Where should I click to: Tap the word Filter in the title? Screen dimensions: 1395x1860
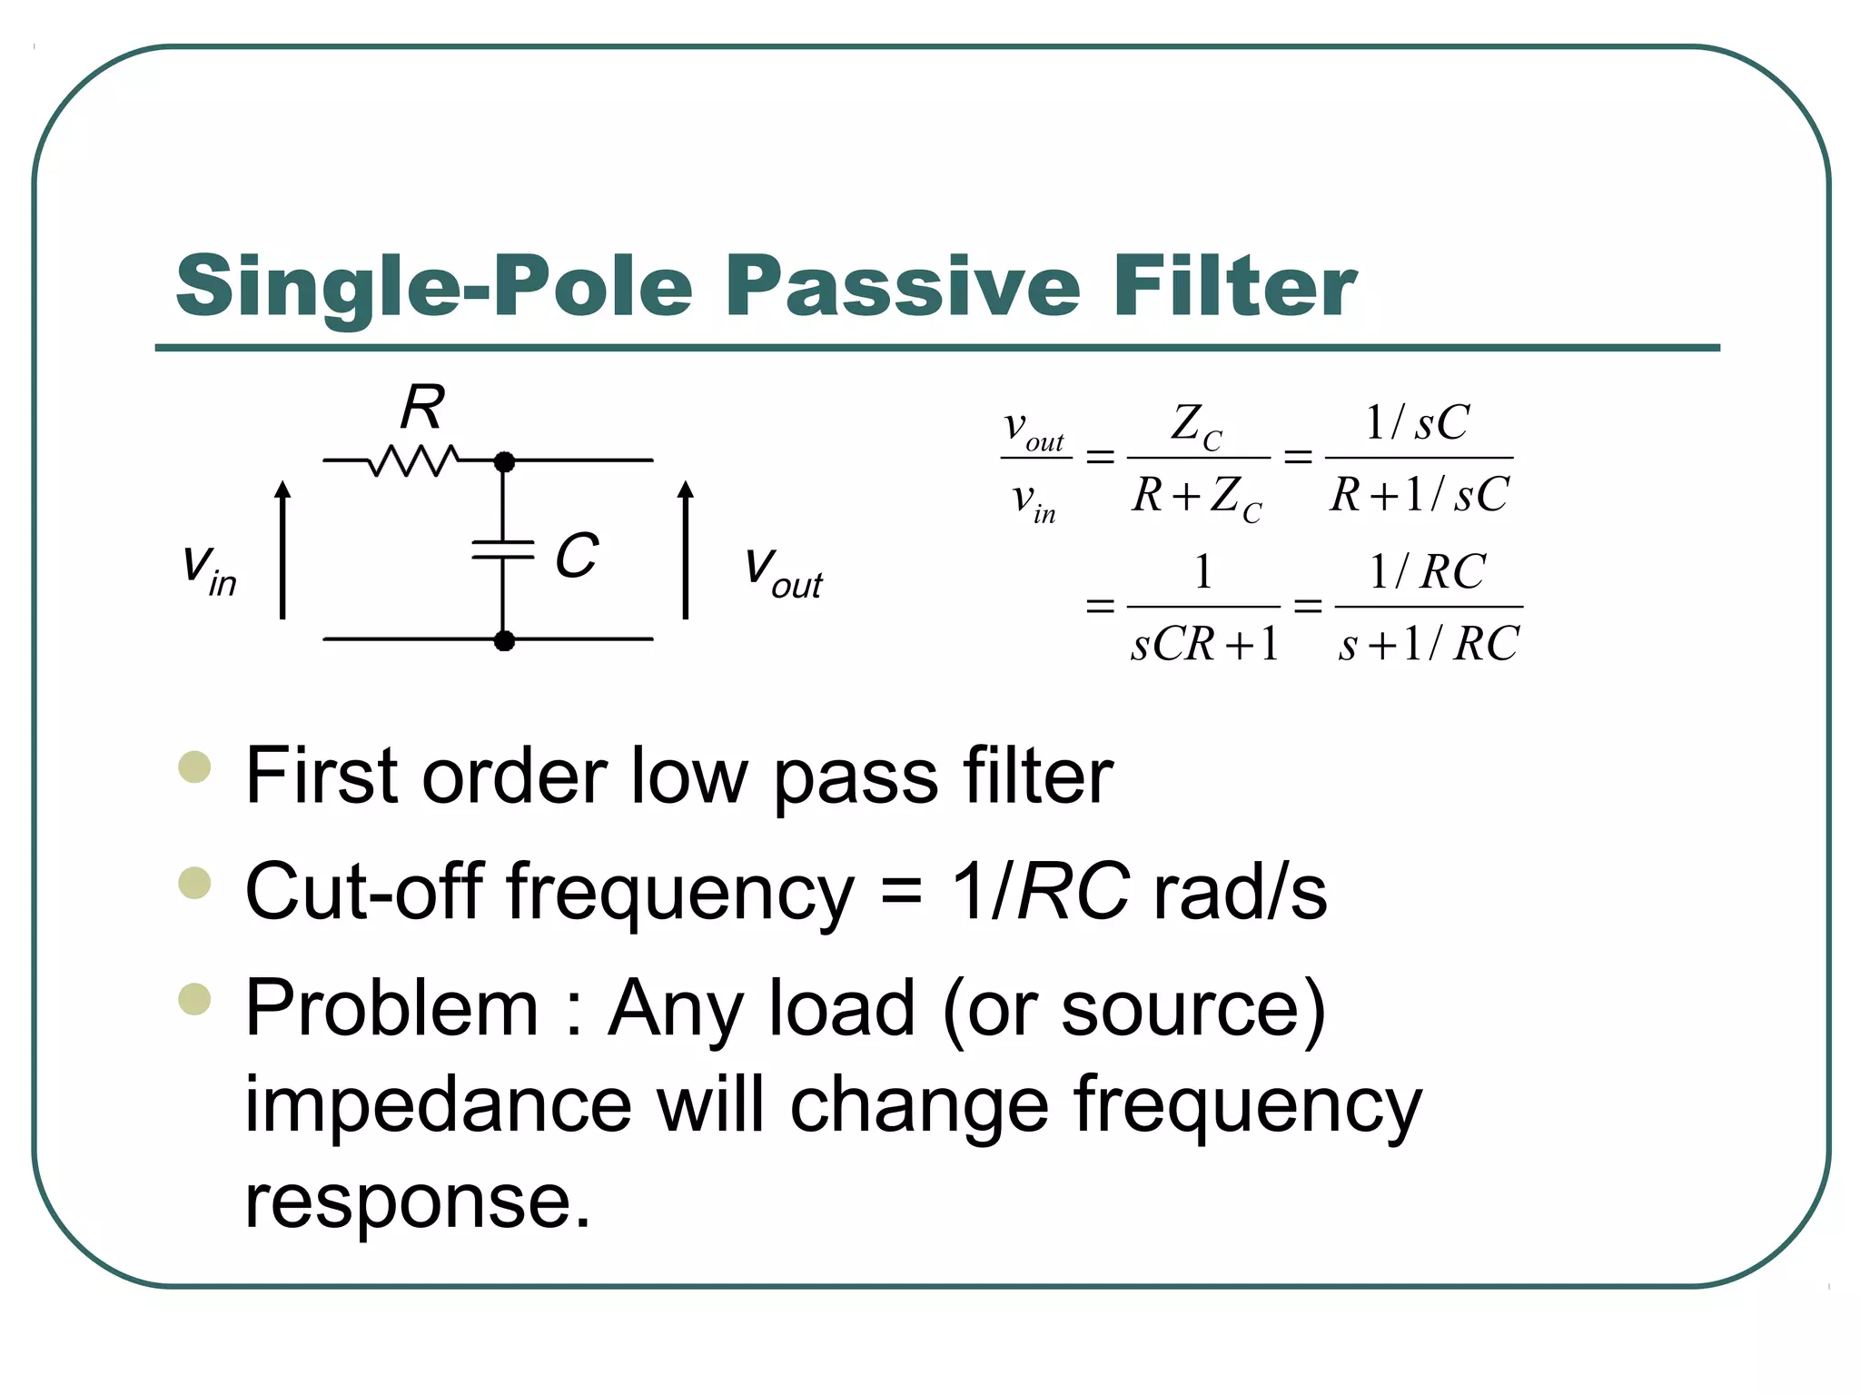pos(1233,286)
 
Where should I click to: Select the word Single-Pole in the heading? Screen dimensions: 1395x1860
pos(434,288)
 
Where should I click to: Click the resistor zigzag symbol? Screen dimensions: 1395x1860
pos(413,460)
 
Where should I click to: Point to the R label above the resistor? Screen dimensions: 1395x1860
pos(423,408)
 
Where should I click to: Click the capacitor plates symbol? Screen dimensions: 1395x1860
pos(503,549)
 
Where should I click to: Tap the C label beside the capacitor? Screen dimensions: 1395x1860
pos(577,555)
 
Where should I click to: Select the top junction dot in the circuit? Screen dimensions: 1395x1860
pos(504,461)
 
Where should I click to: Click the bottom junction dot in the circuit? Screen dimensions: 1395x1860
pos(504,640)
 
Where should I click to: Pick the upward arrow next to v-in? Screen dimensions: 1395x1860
pos(282,550)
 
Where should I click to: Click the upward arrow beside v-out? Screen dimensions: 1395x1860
pos(686,550)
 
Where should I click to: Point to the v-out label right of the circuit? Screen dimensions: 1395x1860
pos(783,572)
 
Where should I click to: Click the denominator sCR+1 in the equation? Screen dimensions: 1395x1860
pos(1204,644)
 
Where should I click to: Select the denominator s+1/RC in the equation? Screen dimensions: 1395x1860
pos(1429,644)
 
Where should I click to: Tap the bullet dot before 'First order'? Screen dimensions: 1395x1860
pos(194,767)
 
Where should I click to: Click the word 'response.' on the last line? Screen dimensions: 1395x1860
pos(418,1201)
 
